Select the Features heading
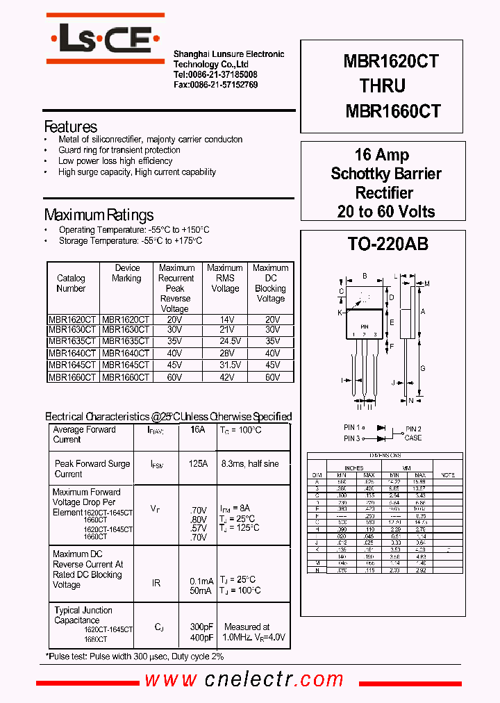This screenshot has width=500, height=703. (x=70, y=126)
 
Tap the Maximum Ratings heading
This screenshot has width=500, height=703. (x=99, y=215)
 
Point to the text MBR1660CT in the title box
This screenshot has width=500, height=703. (x=392, y=111)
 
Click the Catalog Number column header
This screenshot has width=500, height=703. (x=71, y=283)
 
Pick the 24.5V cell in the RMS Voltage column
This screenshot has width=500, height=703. (x=225, y=341)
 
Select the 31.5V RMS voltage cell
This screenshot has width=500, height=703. (x=225, y=365)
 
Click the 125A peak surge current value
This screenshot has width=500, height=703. (x=198, y=463)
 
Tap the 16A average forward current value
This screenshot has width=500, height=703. (x=198, y=430)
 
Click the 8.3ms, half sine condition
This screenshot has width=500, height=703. (x=250, y=463)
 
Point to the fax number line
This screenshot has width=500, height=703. (x=215, y=85)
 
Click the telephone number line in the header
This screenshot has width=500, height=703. (x=215, y=74)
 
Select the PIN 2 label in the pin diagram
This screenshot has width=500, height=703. (x=414, y=429)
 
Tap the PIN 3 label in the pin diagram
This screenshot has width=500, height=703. (x=352, y=438)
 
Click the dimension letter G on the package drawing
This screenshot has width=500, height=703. (x=423, y=368)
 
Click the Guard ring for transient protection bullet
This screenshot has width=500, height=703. (x=119, y=150)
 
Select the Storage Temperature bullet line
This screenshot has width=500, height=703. (x=131, y=240)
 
